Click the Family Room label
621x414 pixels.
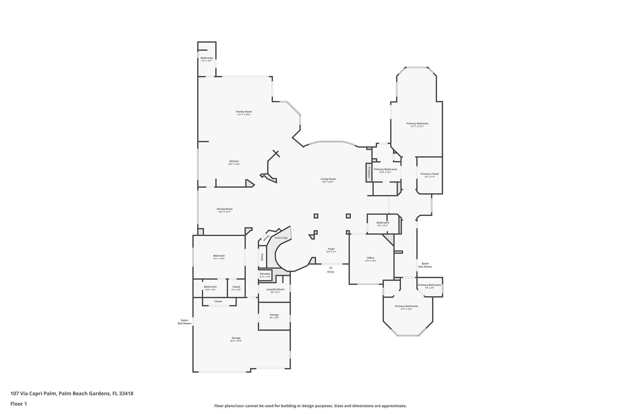point(244,112)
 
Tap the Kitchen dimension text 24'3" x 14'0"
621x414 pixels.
point(234,164)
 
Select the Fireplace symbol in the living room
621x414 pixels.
point(369,173)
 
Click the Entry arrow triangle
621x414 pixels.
point(331,268)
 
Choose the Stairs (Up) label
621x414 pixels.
point(281,238)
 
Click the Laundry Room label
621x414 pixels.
point(275,289)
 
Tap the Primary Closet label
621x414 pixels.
point(429,174)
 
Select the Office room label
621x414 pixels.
point(371,258)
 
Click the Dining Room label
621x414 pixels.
point(225,209)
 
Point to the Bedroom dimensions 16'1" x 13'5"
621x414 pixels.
point(219,259)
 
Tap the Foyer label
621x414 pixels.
point(331,249)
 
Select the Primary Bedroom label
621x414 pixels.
point(417,123)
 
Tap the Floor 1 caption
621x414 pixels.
point(19,404)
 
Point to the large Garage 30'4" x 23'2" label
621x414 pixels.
point(236,338)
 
